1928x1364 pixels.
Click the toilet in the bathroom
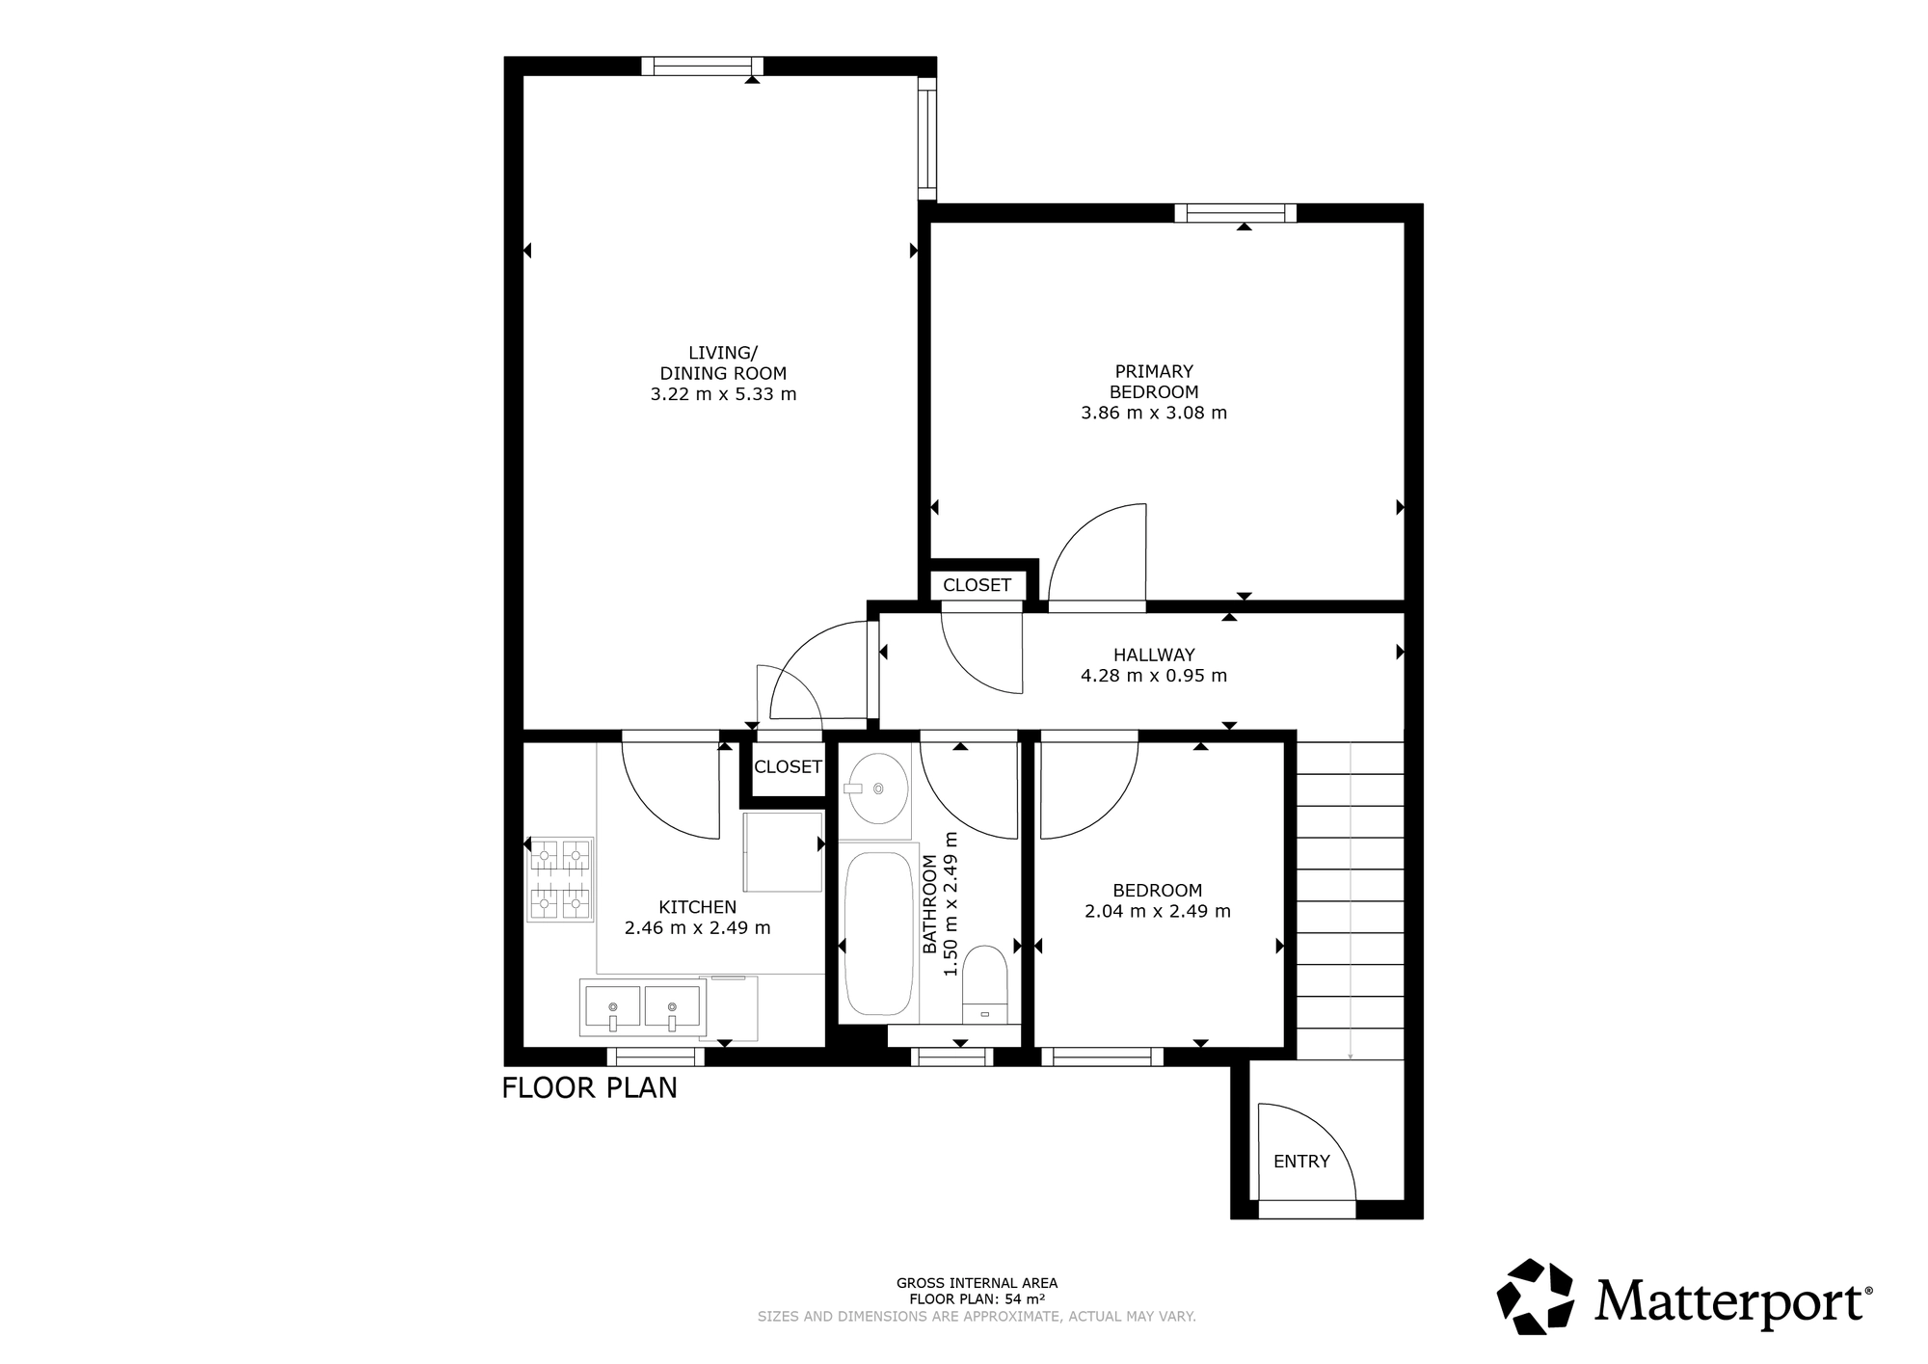[x=984, y=983]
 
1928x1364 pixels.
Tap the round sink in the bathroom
[x=877, y=789]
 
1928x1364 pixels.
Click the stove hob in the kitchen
[x=560, y=879]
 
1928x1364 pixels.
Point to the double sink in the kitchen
[x=642, y=1006]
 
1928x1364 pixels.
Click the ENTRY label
[x=1301, y=1162]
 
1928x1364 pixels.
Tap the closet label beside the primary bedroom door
[x=977, y=585]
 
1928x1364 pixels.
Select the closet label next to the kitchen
[x=788, y=766]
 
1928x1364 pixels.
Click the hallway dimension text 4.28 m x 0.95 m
[x=1154, y=676]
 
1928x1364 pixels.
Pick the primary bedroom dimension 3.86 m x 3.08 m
[x=1154, y=413]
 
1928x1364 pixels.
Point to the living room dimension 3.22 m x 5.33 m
[x=723, y=394]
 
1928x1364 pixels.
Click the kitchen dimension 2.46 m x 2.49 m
[x=697, y=928]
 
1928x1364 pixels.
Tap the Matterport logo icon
[x=1535, y=1296]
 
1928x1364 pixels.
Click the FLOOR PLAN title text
[x=590, y=1087]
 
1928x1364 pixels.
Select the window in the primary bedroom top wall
[x=1235, y=213]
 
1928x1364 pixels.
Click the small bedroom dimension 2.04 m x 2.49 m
[x=1158, y=911]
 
